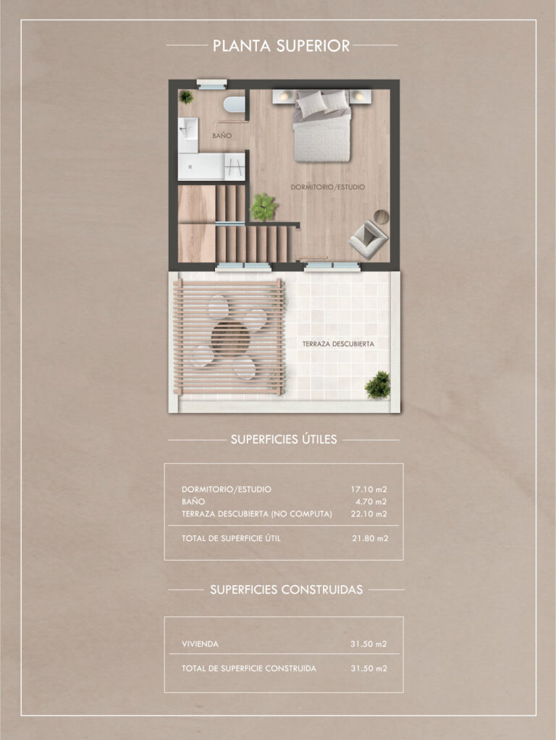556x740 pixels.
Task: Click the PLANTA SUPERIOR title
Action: pos(281,46)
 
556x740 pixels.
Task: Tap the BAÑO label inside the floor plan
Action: pos(222,135)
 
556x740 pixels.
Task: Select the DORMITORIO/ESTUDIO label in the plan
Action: pos(327,187)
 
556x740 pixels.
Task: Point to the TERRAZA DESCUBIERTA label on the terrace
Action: pos(338,344)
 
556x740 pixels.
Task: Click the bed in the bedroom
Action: pos(322,126)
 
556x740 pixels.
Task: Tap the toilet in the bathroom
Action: pos(235,104)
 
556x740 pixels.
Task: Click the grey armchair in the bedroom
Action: pos(368,239)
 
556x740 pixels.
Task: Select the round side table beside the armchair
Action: pos(382,216)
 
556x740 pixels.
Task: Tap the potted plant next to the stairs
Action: pos(264,207)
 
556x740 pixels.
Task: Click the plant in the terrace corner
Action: pos(378,385)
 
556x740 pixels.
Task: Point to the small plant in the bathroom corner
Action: pos(186,97)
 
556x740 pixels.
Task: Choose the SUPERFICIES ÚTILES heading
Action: pos(284,439)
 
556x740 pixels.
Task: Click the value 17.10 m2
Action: pos(368,490)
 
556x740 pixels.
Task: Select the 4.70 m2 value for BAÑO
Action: pos(371,502)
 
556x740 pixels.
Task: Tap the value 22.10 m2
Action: pos(368,514)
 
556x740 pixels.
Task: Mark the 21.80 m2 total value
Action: pos(370,538)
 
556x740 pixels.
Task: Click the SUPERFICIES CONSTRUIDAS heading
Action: pos(286,590)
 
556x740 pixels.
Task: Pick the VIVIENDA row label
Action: pos(201,644)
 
